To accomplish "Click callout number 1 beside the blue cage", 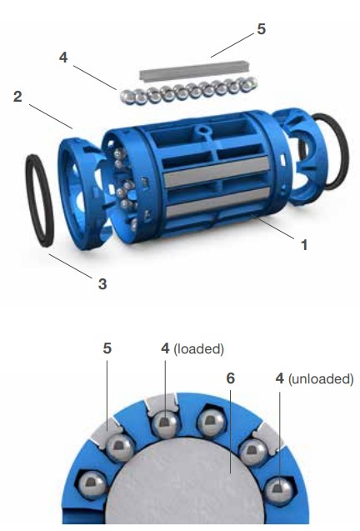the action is pos(304,245).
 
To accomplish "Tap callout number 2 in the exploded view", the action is pos(17,97).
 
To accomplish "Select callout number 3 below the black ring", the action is pos(102,283).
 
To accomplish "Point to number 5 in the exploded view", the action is pos(261,29).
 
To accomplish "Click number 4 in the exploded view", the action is pos(63,58).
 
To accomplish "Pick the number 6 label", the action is pos(230,378).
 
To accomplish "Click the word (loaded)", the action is pos(199,348).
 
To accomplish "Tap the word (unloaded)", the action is pos(321,378).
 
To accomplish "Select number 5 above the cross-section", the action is pos(107,348).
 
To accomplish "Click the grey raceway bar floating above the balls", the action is pos(195,71).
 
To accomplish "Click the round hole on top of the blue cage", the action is pos(202,130).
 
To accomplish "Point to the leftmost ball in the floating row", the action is pos(128,97).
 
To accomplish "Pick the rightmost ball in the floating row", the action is pos(250,83).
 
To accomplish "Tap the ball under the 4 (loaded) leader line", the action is pos(166,424).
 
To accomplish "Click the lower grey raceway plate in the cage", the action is pos(218,203).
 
